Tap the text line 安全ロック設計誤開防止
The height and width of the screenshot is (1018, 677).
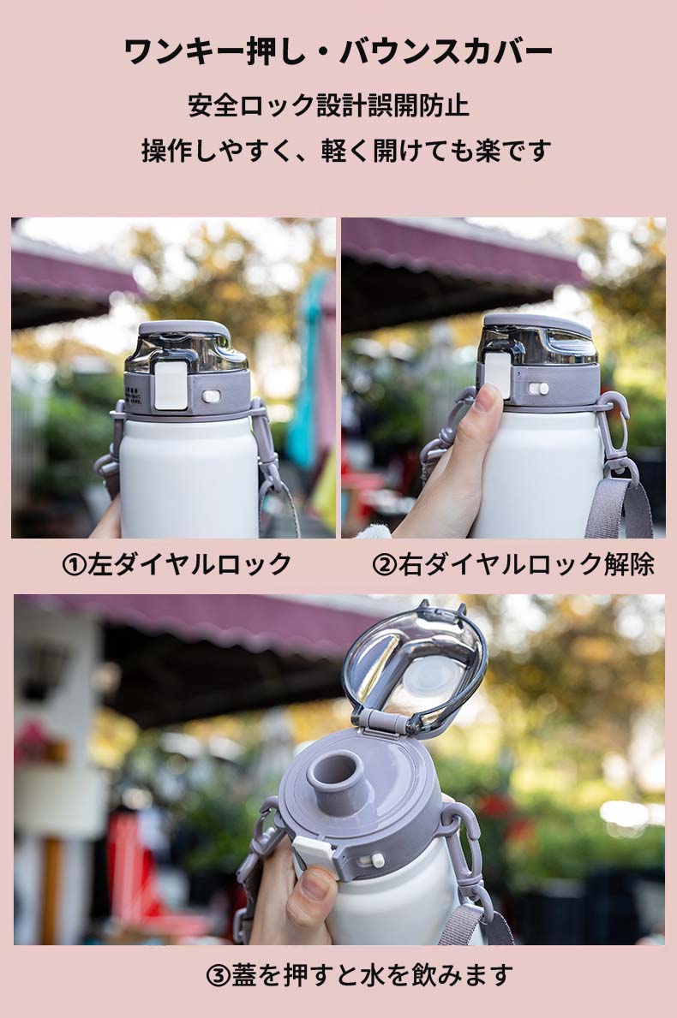coord(329,106)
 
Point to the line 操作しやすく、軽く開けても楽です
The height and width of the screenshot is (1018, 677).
coord(346,151)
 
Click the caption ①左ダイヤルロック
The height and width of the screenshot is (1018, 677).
coord(176,563)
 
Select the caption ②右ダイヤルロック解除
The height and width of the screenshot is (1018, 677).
coord(513,563)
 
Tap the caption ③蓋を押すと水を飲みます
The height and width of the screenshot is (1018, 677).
coord(359,974)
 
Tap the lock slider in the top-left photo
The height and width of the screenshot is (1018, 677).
coord(212,396)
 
